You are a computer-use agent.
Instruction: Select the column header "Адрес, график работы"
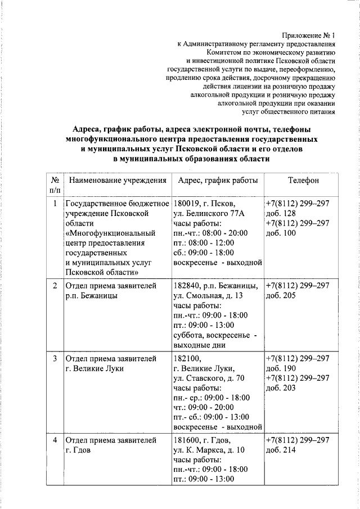[218, 181]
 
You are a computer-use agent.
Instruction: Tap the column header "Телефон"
[303, 181]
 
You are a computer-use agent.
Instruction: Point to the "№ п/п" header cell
[55, 186]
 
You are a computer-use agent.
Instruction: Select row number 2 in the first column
[55, 286]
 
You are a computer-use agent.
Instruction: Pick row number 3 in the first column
[55, 358]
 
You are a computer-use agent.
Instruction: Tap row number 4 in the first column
[55, 440]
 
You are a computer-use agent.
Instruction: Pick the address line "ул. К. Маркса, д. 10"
[209, 450]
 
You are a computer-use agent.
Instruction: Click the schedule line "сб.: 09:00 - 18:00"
[204, 253]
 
